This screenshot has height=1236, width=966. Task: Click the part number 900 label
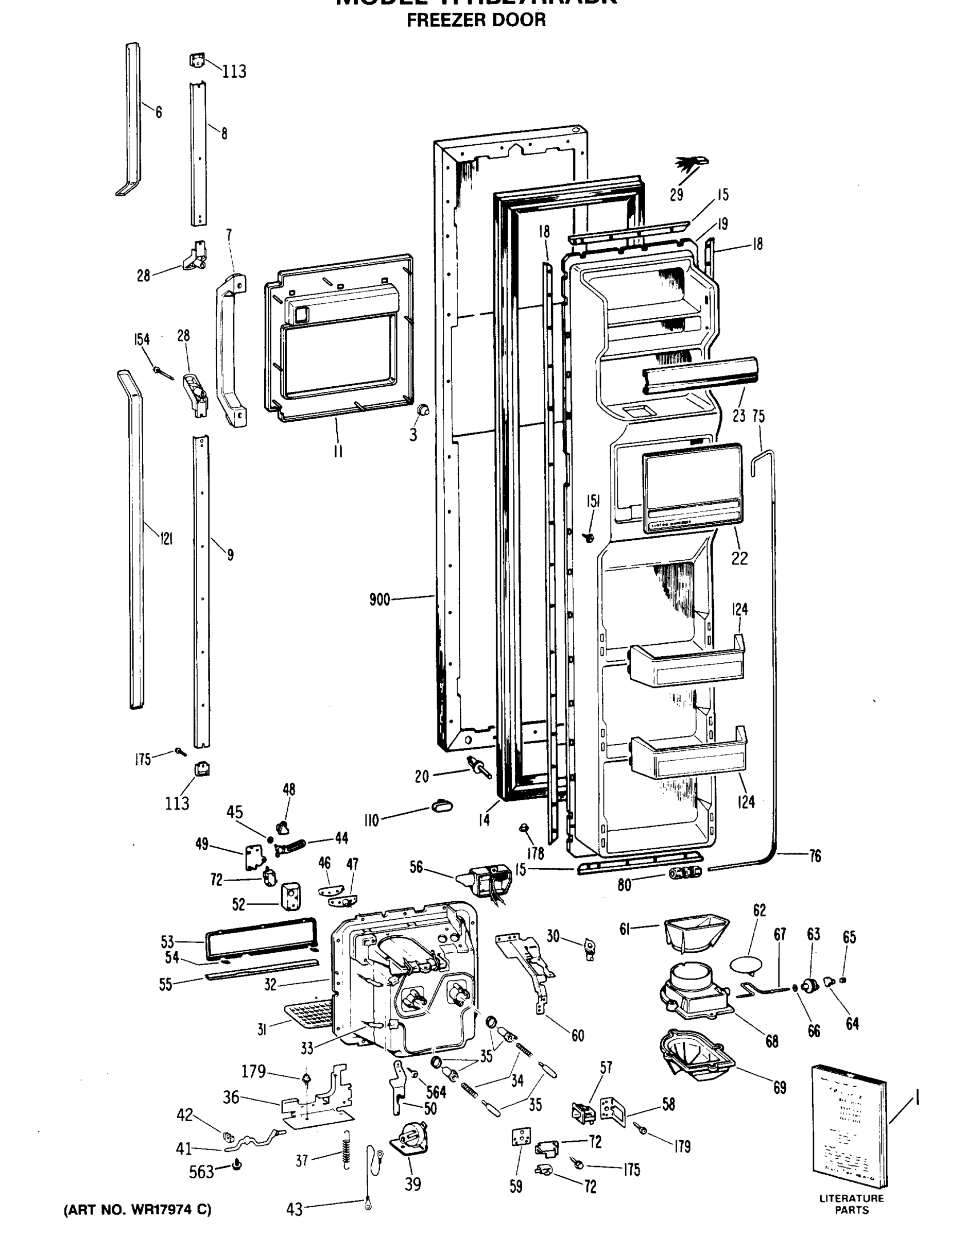pyautogui.click(x=380, y=599)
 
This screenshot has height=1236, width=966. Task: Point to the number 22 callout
pyautogui.click(x=739, y=558)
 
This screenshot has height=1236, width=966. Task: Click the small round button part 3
pyautogui.click(x=423, y=410)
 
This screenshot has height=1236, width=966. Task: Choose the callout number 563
pyautogui.click(x=201, y=1172)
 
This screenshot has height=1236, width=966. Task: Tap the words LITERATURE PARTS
pyautogui.click(x=851, y=1204)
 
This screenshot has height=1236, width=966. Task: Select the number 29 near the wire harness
pyautogui.click(x=676, y=195)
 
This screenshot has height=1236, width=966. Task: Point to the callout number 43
pyautogui.click(x=294, y=1209)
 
